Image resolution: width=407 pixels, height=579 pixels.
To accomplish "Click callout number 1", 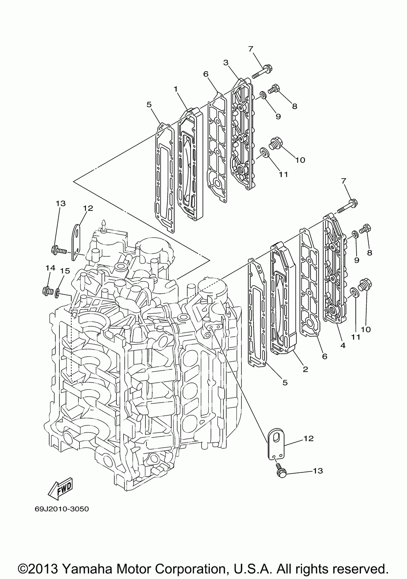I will coord(175,89).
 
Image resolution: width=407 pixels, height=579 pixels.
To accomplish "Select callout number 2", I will coord(305,369).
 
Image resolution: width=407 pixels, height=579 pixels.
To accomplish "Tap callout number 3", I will coord(225,62).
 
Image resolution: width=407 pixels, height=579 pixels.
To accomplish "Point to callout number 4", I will coord(343,345).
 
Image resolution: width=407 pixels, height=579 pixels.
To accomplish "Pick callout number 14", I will coord(50,268).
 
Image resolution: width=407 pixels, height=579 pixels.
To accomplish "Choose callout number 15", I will coord(63,271).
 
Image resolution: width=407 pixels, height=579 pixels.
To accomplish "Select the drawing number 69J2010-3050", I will coord(59,509).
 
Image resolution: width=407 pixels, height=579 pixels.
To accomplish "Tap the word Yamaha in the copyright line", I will coord(97,557).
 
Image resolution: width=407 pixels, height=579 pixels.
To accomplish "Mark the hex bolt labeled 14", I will coord(47,291).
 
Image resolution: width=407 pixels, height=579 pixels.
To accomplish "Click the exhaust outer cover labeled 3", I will coord(241,134).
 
